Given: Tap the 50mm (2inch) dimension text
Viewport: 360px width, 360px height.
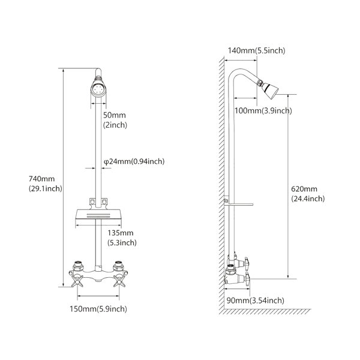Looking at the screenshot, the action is pos(115,120).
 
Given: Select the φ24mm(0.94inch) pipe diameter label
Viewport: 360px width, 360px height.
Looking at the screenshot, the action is pos(134,161).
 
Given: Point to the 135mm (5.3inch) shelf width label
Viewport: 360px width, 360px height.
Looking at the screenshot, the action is pos(122,238).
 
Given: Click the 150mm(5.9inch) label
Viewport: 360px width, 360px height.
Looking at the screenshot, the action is pos(98,309).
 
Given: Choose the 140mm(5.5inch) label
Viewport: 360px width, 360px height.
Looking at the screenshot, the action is pos(256,50).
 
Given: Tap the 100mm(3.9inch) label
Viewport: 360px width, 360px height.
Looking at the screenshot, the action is pos(263,110).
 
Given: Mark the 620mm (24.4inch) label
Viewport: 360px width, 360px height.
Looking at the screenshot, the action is pos(308,194).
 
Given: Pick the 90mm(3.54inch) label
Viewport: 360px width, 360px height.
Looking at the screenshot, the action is pos(256,300).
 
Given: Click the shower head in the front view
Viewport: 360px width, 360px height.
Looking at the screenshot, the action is pos(98,88).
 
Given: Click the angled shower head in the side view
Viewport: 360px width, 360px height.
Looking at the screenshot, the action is pos(268,88).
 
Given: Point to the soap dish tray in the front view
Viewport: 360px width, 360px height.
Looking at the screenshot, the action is pos(98,214).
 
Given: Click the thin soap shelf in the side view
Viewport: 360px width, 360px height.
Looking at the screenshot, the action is pos(239,205).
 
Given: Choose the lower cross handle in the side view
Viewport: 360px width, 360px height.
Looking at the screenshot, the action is pos(247,279).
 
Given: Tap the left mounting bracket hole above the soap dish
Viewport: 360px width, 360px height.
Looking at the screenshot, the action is pos(92,202).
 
